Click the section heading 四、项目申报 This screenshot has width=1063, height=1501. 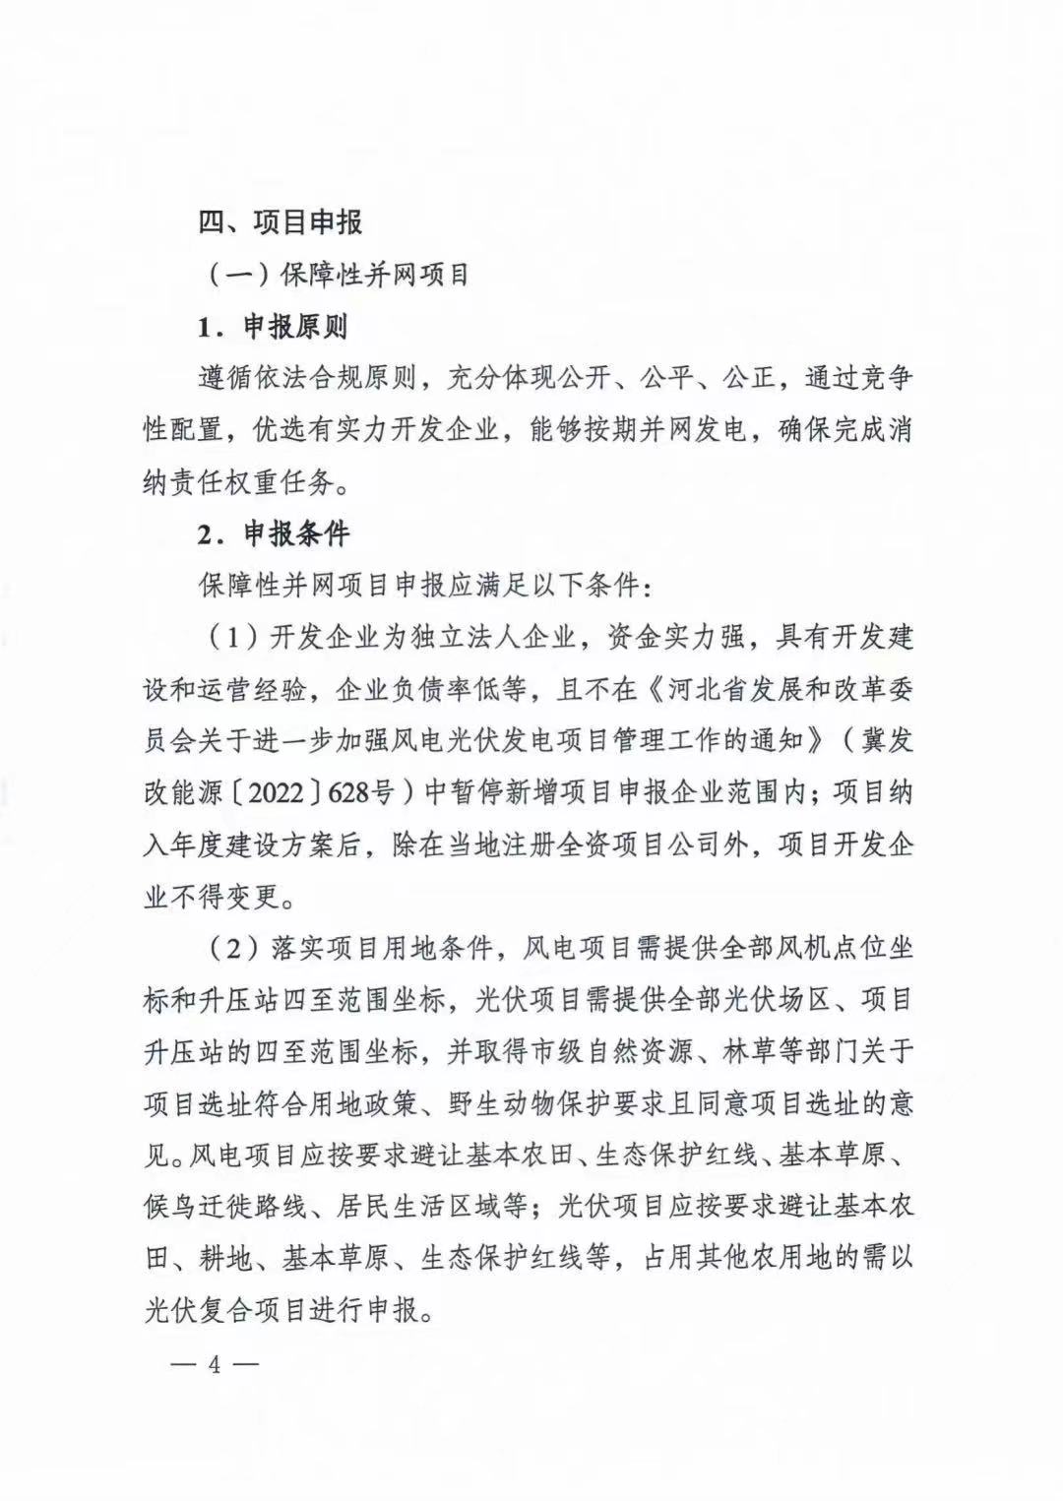coord(281,222)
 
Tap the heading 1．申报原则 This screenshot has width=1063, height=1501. coord(273,326)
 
